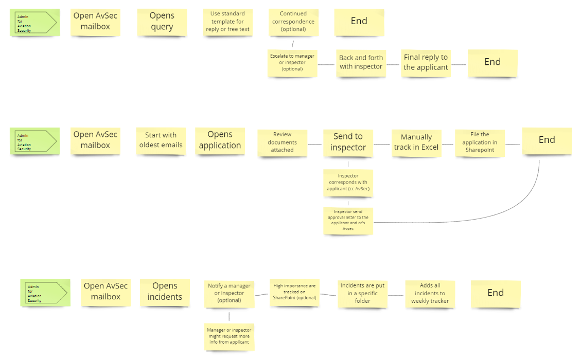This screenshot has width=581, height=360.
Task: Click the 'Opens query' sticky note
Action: pos(162,22)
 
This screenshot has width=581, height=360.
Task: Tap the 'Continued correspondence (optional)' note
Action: pos(293,22)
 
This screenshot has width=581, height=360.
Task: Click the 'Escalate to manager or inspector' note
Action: pos(292,62)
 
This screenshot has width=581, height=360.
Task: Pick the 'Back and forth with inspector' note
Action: pos(361,62)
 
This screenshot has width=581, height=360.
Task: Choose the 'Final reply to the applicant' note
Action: pos(426,62)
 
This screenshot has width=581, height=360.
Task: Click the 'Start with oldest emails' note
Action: pos(161,140)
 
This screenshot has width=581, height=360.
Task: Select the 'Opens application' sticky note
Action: pos(220,140)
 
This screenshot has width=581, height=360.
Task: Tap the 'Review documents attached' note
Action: pos(282,142)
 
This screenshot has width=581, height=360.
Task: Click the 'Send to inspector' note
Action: pos(348,142)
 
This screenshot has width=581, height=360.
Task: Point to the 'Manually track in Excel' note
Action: pos(416,142)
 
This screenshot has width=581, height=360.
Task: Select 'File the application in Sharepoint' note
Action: pos(480,142)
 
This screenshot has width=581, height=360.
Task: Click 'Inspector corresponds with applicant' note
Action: pos(348,183)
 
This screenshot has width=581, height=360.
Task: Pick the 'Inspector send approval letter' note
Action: pos(348,220)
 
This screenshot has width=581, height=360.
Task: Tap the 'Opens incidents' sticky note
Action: pos(165,292)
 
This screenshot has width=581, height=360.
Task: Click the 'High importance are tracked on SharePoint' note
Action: pos(294,292)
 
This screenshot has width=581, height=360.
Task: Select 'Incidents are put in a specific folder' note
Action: pos(362,293)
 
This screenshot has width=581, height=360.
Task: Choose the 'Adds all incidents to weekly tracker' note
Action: pos(430,293)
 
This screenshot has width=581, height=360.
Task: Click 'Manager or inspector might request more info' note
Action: pos(229,336)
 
